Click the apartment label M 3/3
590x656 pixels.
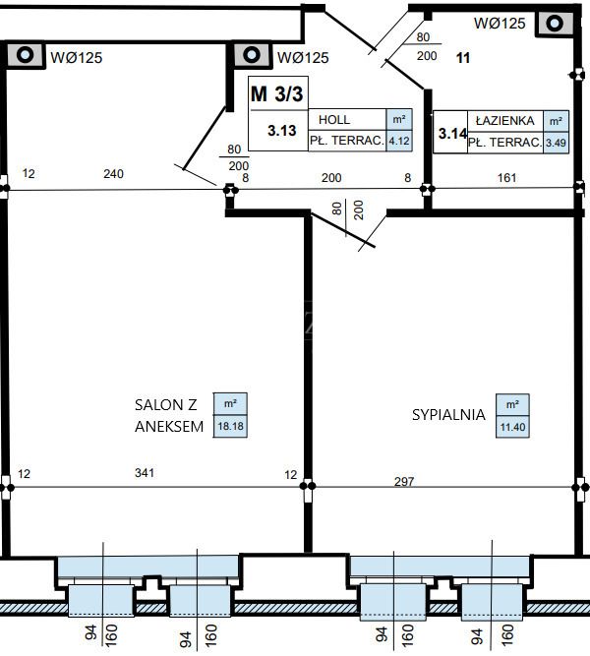coord(276,93)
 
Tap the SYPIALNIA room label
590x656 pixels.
coord(448,415)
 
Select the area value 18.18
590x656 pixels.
coord(230,426)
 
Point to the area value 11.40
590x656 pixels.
coord(512,427)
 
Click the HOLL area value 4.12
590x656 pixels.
coord(399,141)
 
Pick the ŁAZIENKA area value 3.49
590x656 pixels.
coord(556,143)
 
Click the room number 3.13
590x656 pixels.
coord(282,131)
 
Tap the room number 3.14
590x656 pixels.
coord(452,134)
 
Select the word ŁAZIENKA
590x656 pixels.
coord(505,121)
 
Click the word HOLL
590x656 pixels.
coord(334,120)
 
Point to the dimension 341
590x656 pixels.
coord(145,473)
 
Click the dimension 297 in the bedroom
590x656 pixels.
coord(404,482)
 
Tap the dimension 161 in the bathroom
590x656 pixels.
coord(506,178)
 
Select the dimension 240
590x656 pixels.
coord(113,174)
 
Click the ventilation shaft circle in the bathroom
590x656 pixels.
coord(555,23)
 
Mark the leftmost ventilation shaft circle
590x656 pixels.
coord(25,54)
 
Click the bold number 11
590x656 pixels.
coord(463,58)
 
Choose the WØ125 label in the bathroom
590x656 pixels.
coord(500,23)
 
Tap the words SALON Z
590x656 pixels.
coord(166,404)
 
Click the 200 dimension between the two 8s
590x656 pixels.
coord(331,178)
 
